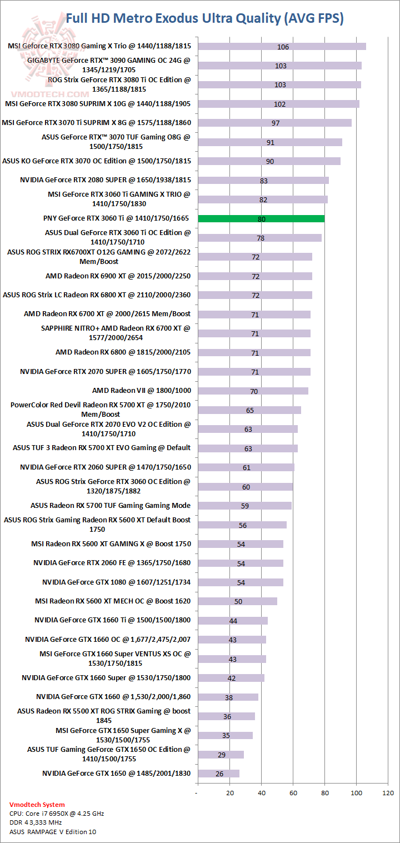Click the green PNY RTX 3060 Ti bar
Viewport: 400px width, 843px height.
[261, 219]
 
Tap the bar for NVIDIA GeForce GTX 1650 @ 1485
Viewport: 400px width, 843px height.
[218, 774]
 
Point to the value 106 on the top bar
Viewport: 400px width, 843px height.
[283, 47]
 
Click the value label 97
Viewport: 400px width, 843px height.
[276, 123]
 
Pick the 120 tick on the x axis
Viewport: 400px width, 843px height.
[388, 792]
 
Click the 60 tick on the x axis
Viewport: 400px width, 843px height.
[293, 792]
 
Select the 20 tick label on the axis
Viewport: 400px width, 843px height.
[230, 792]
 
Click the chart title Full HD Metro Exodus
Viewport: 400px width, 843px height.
[204, 18]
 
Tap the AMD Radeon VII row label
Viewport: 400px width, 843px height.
[141, 391]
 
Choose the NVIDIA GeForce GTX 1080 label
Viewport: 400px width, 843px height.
[116, 582]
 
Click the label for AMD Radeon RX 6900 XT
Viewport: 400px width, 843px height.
[118, 276]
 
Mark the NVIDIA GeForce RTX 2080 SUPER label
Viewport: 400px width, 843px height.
[105, 180]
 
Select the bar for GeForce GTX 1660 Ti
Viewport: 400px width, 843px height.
[233, 621]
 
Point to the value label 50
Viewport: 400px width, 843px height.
[238, 601]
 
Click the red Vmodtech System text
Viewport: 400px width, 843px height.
[37, 804]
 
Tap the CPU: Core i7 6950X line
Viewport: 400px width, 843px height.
[57, 813]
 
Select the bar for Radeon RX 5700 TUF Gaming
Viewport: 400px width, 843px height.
[244, 506]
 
